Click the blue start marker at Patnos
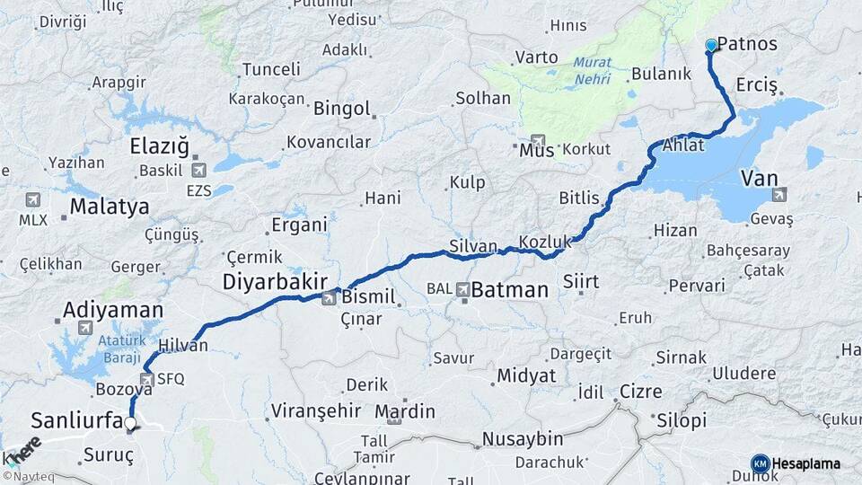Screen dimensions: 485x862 click(x=711, y=45)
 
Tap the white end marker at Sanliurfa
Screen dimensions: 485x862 click(x=130, y=423)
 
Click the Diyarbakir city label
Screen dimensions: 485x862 click(x=275, y=281)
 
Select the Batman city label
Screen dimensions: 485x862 click(x=509, y=290)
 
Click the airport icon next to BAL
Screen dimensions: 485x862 click(x=462, y=289)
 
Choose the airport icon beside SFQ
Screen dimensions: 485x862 click(x=147, y=379)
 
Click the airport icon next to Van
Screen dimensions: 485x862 click(x=778, y=193)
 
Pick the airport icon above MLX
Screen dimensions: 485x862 click(x=34, y=199)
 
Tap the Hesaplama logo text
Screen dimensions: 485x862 click(x=805, y=463)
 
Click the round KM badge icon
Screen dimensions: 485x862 click(x=761, y=463)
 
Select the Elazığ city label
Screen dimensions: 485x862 click(x=160, y=145)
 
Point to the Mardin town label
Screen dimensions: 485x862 click(x=405, y=412)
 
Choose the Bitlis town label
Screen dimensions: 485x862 click(x=579, y=198)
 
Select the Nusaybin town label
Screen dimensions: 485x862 click(x=523, y=439)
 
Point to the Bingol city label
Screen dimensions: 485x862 click(x=341, y=109)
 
